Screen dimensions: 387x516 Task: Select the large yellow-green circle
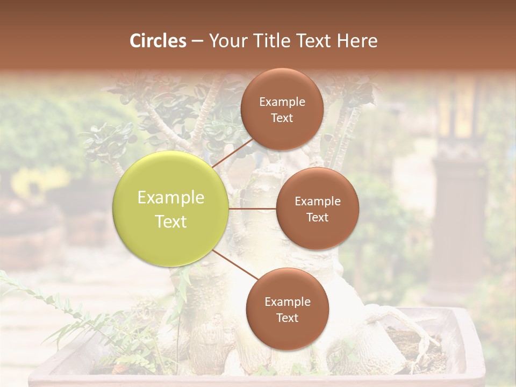(x=171, y=209)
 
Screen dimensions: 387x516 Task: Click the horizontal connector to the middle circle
(x=252, y=209)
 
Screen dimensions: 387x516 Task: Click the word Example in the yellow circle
(x=171, y=198)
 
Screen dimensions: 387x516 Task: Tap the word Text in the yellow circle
(x=171, y=221)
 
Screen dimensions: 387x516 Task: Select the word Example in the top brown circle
(x=282, y=102)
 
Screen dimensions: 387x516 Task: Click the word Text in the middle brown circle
(x=317, y=217)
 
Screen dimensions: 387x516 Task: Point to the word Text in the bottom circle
(x=287, y=318)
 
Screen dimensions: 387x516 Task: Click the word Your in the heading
(x=228, y=41)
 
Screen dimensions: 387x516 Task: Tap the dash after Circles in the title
(x=197, y=41)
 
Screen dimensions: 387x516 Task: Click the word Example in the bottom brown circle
(x=287, y=302)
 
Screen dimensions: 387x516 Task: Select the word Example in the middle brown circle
(x=317, y=201)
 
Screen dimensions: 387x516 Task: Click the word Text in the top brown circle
(x=282, y=118)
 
